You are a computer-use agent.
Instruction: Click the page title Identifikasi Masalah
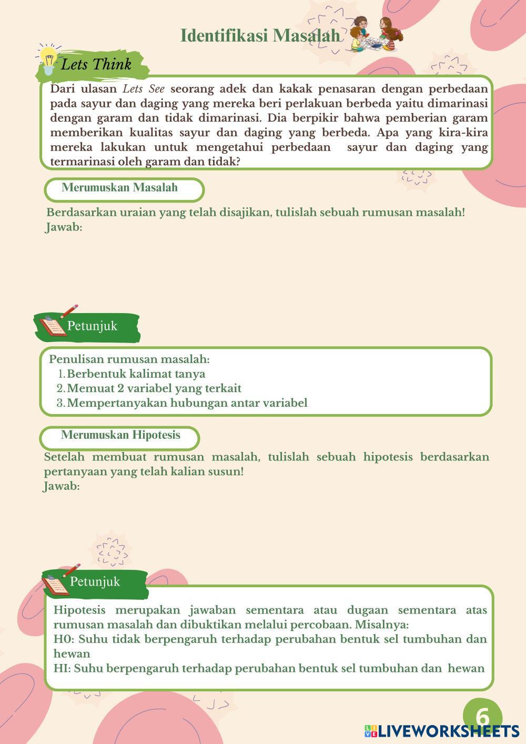tap(260, 36)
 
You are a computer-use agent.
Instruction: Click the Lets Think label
tap(96, 65)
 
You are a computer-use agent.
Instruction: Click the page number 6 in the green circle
tap(482, 717)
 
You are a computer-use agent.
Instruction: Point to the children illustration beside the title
tap(376, 34)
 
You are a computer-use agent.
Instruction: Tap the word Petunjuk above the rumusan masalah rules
tap(92, 326)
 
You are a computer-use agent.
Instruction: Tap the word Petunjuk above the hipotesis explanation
tap(95, 582)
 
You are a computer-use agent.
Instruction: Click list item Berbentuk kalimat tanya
tap(136, 374)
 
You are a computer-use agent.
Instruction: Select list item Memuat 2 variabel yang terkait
tap(154, 388)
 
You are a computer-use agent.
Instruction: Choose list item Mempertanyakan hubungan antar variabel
tap(187, 403)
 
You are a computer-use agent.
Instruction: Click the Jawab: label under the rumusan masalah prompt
tap(64, 228)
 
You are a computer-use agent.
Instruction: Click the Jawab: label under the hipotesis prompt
tap(62, 486)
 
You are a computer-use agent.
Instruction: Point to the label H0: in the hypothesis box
tap(64, 639)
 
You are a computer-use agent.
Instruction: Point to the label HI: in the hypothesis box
tap(62, 669)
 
